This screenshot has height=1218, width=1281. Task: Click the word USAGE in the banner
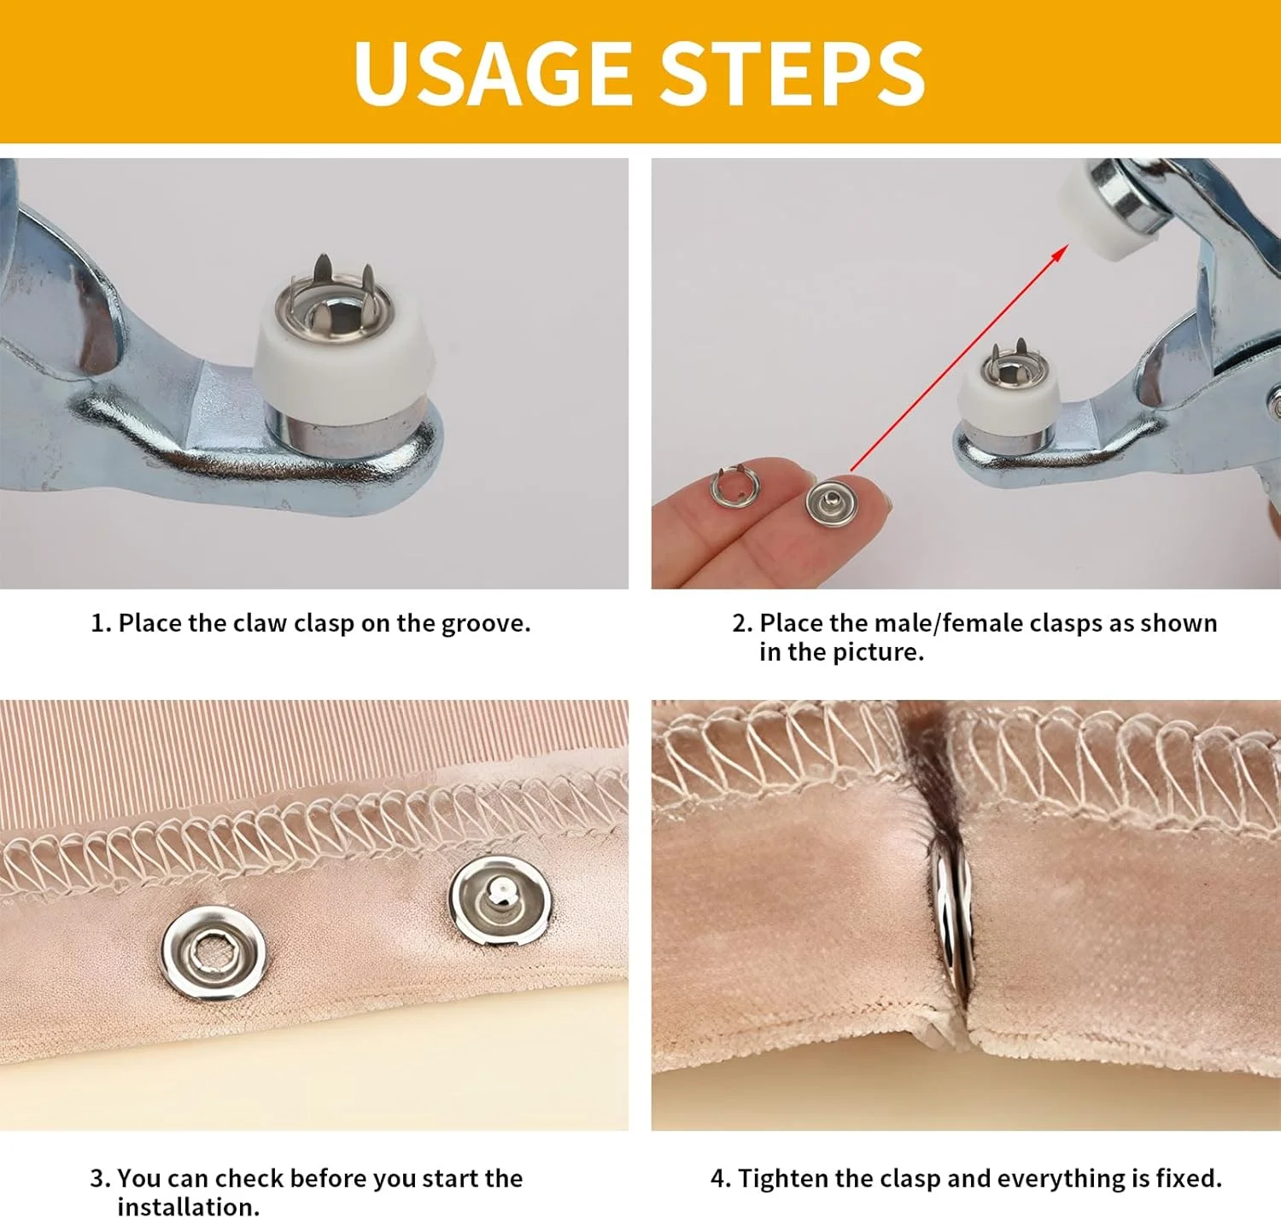pyautogui.click(x=492, y=72)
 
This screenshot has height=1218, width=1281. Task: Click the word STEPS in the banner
pyautogui.click(x=793, y=72)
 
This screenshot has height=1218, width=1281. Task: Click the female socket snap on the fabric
pyautogui.click(x=213, y=953)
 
